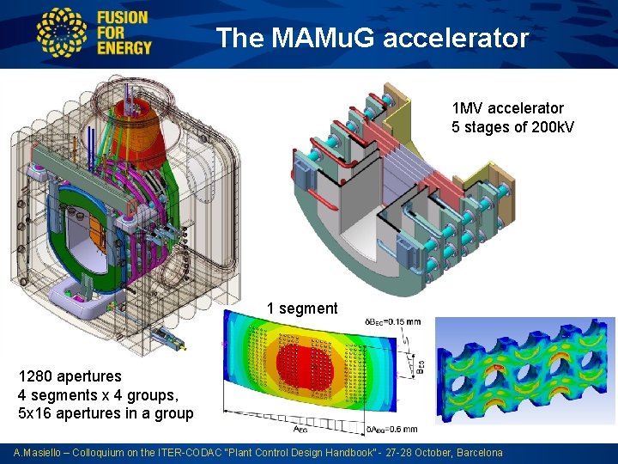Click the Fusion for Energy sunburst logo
click(x=63, y=34)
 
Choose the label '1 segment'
click(x=302, y=308)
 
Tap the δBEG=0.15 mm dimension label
click(x=391, y=321)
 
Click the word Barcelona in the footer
click(x=480, y=453)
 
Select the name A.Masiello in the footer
click(x=39, y=453)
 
